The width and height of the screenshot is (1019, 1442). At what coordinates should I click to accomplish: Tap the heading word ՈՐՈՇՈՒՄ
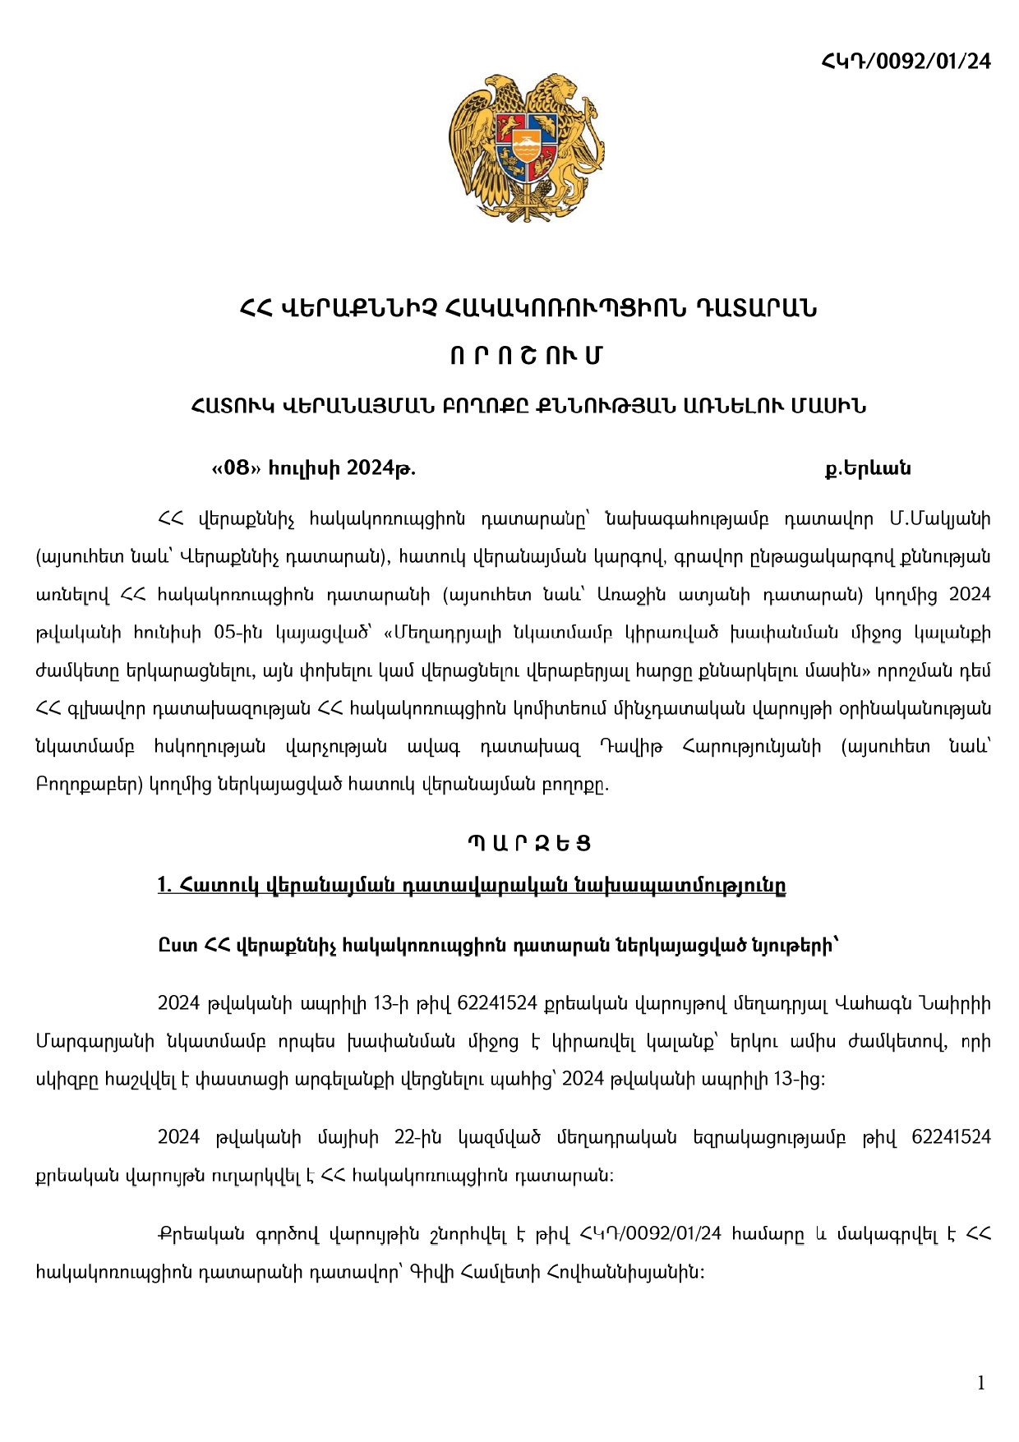tap(527, 356)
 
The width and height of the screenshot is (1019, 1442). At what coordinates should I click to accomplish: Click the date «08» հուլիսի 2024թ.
tap(314, 468)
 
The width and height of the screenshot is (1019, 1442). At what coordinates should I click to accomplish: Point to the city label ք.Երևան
tap(868, 468)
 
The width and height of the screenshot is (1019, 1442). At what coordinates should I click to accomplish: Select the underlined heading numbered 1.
tap(472, 885)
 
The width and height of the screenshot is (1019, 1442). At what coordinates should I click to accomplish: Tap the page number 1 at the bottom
tap(980, 1383)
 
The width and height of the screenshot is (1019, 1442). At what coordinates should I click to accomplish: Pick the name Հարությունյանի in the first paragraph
tap(751, 746)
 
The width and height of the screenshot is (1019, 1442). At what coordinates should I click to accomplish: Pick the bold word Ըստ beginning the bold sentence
tap(178, 946)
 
